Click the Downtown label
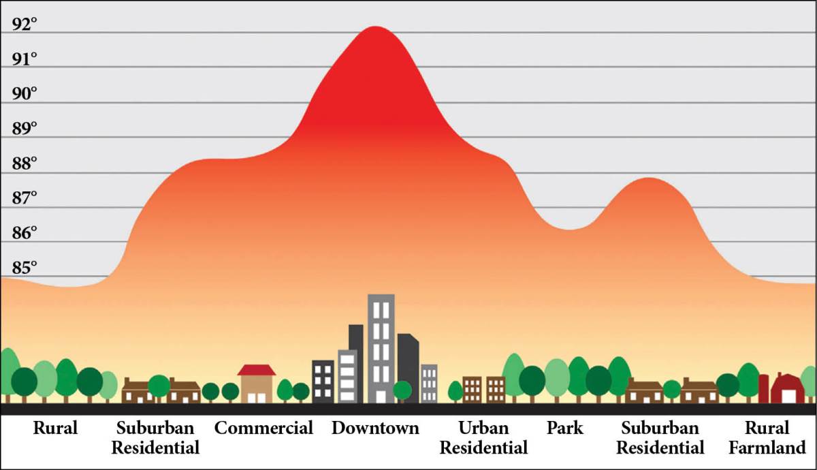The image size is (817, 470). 375,428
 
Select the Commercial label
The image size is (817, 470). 263,428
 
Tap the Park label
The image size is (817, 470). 565,428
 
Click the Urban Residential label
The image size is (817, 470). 483,438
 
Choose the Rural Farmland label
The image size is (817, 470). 767,438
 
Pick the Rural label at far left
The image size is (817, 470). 55,428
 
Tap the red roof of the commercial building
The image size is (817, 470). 257,370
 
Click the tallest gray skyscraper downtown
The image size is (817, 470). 381,347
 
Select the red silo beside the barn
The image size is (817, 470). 763,388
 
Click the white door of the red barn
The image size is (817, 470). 788,396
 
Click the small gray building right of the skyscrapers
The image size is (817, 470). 429,383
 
